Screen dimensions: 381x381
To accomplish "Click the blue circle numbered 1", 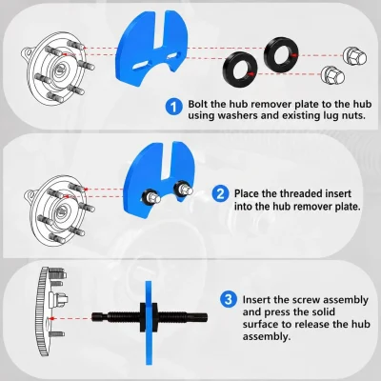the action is (x=173, y=107).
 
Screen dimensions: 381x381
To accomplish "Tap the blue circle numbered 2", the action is (x=220, y=193).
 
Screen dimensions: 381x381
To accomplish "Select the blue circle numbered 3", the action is (x=229, y=299).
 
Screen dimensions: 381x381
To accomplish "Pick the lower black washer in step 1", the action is (x=240, y=69).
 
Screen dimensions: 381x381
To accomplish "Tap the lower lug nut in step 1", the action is (x=332, y=75).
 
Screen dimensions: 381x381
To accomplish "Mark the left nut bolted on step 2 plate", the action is (x=150, y=197).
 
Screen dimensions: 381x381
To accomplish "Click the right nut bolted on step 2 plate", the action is (x=183, y=190).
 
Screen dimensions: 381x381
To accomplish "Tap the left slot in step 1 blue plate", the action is (x=140, y=65).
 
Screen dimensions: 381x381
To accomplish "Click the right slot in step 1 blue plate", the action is (x=173, y=56).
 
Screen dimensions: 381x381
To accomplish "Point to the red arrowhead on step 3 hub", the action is (x=52, y=318).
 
